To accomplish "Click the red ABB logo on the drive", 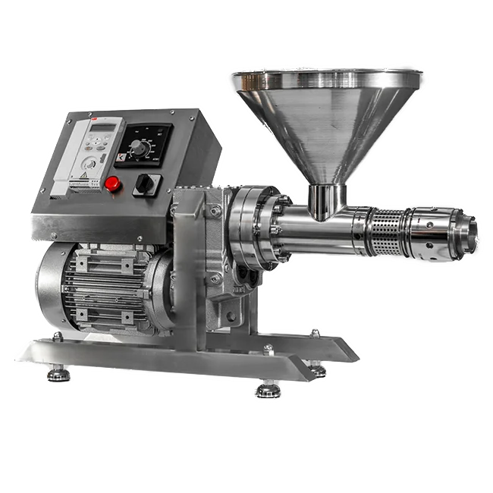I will click(95, 122).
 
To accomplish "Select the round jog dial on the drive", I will click(90, 162).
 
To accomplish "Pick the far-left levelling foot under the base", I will click(56, 372).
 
